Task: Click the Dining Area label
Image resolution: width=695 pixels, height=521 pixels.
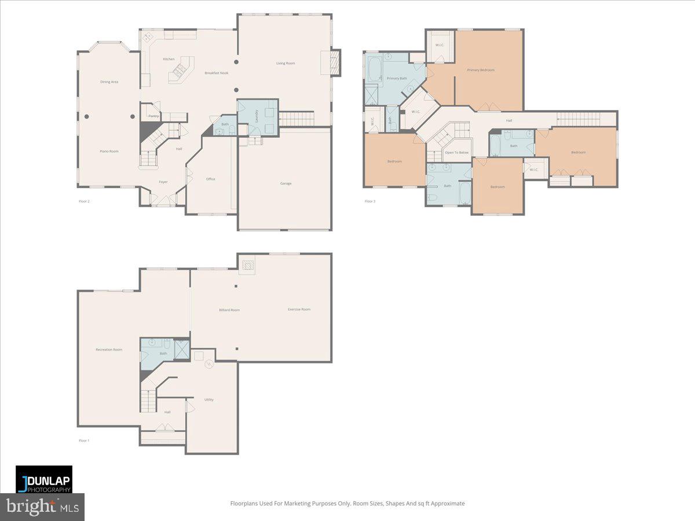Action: (109, 82)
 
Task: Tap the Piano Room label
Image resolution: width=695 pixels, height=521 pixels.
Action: (109, 151)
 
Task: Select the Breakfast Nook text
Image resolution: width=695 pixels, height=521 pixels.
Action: (216, 73)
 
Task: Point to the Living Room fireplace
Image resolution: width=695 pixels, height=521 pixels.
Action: (331, 62)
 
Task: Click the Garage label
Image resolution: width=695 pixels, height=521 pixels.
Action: (286, 184)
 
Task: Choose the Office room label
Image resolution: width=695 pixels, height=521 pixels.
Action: (210, 179)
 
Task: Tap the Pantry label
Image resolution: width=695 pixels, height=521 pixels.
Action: (153, 116)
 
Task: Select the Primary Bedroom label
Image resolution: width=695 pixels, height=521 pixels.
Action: (481, 70)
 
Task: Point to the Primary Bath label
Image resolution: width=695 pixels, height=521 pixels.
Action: (397, 78)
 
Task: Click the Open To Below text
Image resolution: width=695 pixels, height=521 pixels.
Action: (456, 152)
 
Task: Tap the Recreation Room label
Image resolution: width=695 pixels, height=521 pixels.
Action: (109, 350)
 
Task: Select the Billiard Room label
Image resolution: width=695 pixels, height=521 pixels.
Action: (229, 310)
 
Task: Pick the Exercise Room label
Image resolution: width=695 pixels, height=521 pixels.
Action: (299, 309)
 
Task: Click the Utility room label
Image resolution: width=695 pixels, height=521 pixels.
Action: (209, 399)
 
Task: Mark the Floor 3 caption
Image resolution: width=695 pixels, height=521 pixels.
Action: (370, 201)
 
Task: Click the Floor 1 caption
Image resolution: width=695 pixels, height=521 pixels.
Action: (84, 441)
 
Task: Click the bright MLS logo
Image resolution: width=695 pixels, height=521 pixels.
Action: (42, 507)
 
